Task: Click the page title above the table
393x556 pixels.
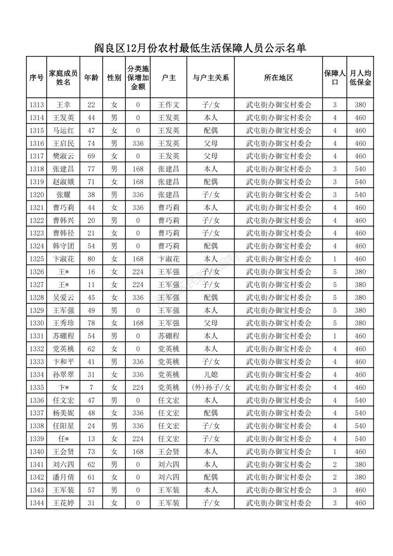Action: coord(196,48)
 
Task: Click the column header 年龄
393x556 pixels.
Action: coord(91,78)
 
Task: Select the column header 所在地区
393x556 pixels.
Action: coord(279,78)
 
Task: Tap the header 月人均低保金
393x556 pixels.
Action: coord(361,78)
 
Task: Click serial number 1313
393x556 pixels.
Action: coord(37,105)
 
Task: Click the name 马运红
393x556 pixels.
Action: coord(64,131)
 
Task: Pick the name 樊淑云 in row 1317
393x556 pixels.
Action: coord(64,156)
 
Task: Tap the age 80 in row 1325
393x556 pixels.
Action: coord(91,259)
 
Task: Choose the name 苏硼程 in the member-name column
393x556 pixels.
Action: coord(64,336)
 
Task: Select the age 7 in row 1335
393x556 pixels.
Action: coord(91,387)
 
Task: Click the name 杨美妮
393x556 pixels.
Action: coord(64,412)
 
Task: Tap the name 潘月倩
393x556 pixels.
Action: coord(64,477)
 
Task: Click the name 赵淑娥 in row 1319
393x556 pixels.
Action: coord(64,182)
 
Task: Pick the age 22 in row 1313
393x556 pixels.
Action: coord(91,105)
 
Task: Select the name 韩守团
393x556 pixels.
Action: coord(64,246)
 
